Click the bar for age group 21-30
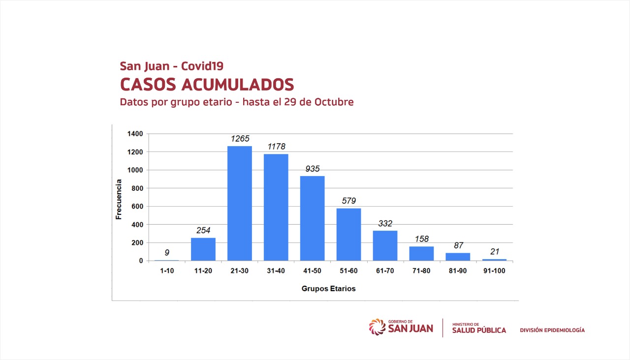240,203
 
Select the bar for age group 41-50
313,218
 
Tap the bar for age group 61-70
385,245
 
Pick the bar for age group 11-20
203,249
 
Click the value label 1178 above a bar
276,147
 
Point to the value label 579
349,201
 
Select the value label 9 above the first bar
167,253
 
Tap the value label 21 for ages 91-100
494,251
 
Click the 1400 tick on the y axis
135,134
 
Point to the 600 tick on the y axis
137,207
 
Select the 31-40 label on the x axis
276,270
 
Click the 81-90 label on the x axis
458,270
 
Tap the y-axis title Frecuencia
119,199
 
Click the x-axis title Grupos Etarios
328,289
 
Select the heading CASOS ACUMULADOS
207,85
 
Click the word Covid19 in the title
202,66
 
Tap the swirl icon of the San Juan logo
377,327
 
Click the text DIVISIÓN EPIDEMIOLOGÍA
552,330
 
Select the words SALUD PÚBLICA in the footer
479,330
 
